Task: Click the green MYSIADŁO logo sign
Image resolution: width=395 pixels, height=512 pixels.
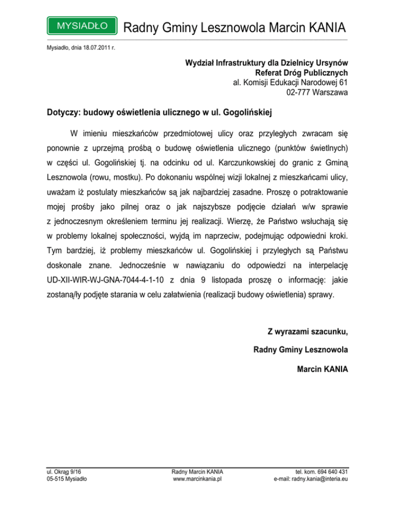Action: (x=81, y=25)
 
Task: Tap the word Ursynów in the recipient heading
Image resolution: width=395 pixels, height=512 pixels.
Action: (x=330, y=63)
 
